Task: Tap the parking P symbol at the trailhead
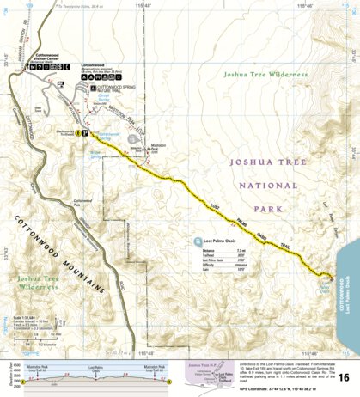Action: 84,133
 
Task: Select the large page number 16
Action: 344,377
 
